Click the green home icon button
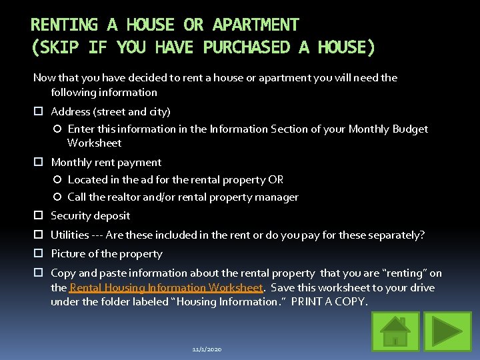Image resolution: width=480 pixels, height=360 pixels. coord(395,331)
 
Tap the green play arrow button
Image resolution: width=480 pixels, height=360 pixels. coord(438,331)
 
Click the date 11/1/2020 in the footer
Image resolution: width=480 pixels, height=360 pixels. coord(207,349)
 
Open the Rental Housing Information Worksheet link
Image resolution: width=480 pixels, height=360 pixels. coord(166,287)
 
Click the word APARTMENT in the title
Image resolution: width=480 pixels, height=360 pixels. coord(255,25)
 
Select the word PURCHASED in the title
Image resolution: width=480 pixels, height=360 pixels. coord(247,47)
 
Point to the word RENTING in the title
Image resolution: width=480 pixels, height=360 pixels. coord(64,25)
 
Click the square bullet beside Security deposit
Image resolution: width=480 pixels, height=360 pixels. coord(39,216)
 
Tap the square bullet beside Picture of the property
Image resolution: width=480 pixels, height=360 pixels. coord(39,254)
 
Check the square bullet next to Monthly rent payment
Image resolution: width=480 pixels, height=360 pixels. coord(39,163)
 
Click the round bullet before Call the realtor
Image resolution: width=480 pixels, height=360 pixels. coord(57,197)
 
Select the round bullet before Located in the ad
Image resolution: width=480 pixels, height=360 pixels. coord(57,180)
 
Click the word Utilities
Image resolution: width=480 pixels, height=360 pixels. coord(70,235)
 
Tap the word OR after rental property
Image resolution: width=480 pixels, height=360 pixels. coord(276,179)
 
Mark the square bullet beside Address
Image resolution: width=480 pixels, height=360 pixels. coord(39,112)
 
